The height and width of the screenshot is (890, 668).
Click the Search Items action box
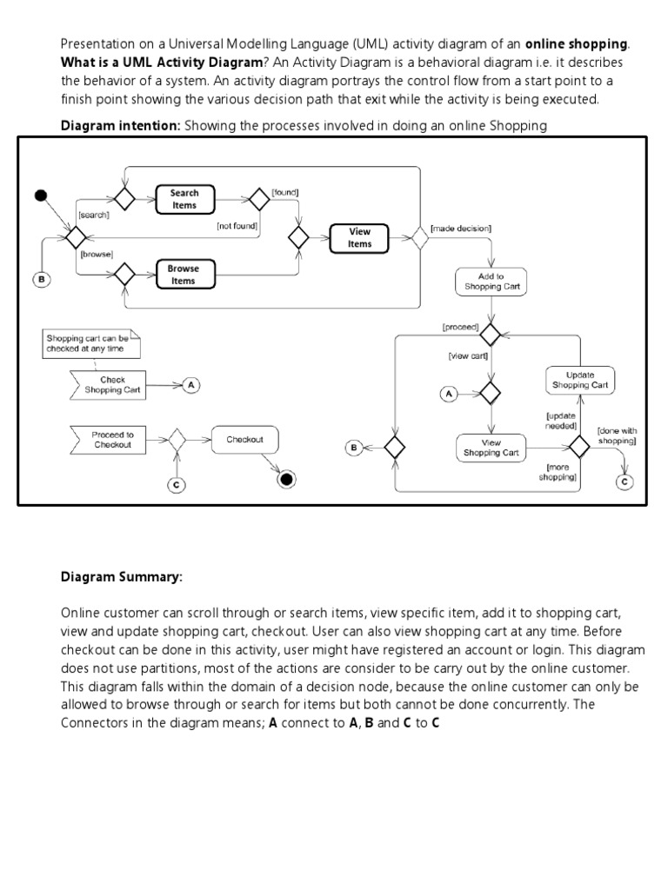[184, 199]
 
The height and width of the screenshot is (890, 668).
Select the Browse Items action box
[184, 275]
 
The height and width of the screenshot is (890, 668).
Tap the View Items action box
[359, 237]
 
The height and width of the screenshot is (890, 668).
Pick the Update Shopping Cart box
[580, 380]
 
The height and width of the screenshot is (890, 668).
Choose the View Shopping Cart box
[491, 448]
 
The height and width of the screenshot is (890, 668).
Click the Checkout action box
[244, 440]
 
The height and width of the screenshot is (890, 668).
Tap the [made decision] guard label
[461, 228]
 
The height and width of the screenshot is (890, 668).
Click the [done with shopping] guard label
[617, 435]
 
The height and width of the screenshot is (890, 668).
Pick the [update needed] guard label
[561, 421]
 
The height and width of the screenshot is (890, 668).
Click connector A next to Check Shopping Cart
[190, 385]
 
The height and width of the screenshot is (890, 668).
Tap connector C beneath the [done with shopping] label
[623, 481]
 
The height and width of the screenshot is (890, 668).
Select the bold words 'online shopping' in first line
[576, 43]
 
